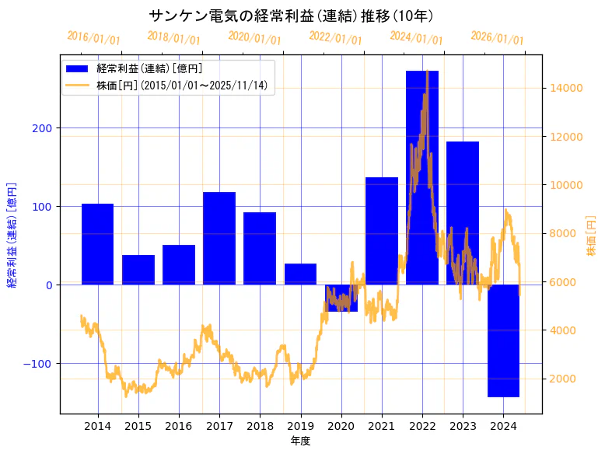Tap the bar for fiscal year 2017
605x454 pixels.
pos(219,238)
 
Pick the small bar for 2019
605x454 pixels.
pos(300,274)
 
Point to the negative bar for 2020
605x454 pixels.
pos(341,298)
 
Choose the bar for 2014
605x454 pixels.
pos(98,244)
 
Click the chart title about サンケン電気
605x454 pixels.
pos(292,16)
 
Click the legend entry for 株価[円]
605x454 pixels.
pos(182,86)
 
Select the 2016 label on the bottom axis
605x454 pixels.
pos(179,426)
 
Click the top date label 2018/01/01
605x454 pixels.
pos(173,38)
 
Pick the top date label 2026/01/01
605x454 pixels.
pos(497,38)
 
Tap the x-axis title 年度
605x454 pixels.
pos(300,441)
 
